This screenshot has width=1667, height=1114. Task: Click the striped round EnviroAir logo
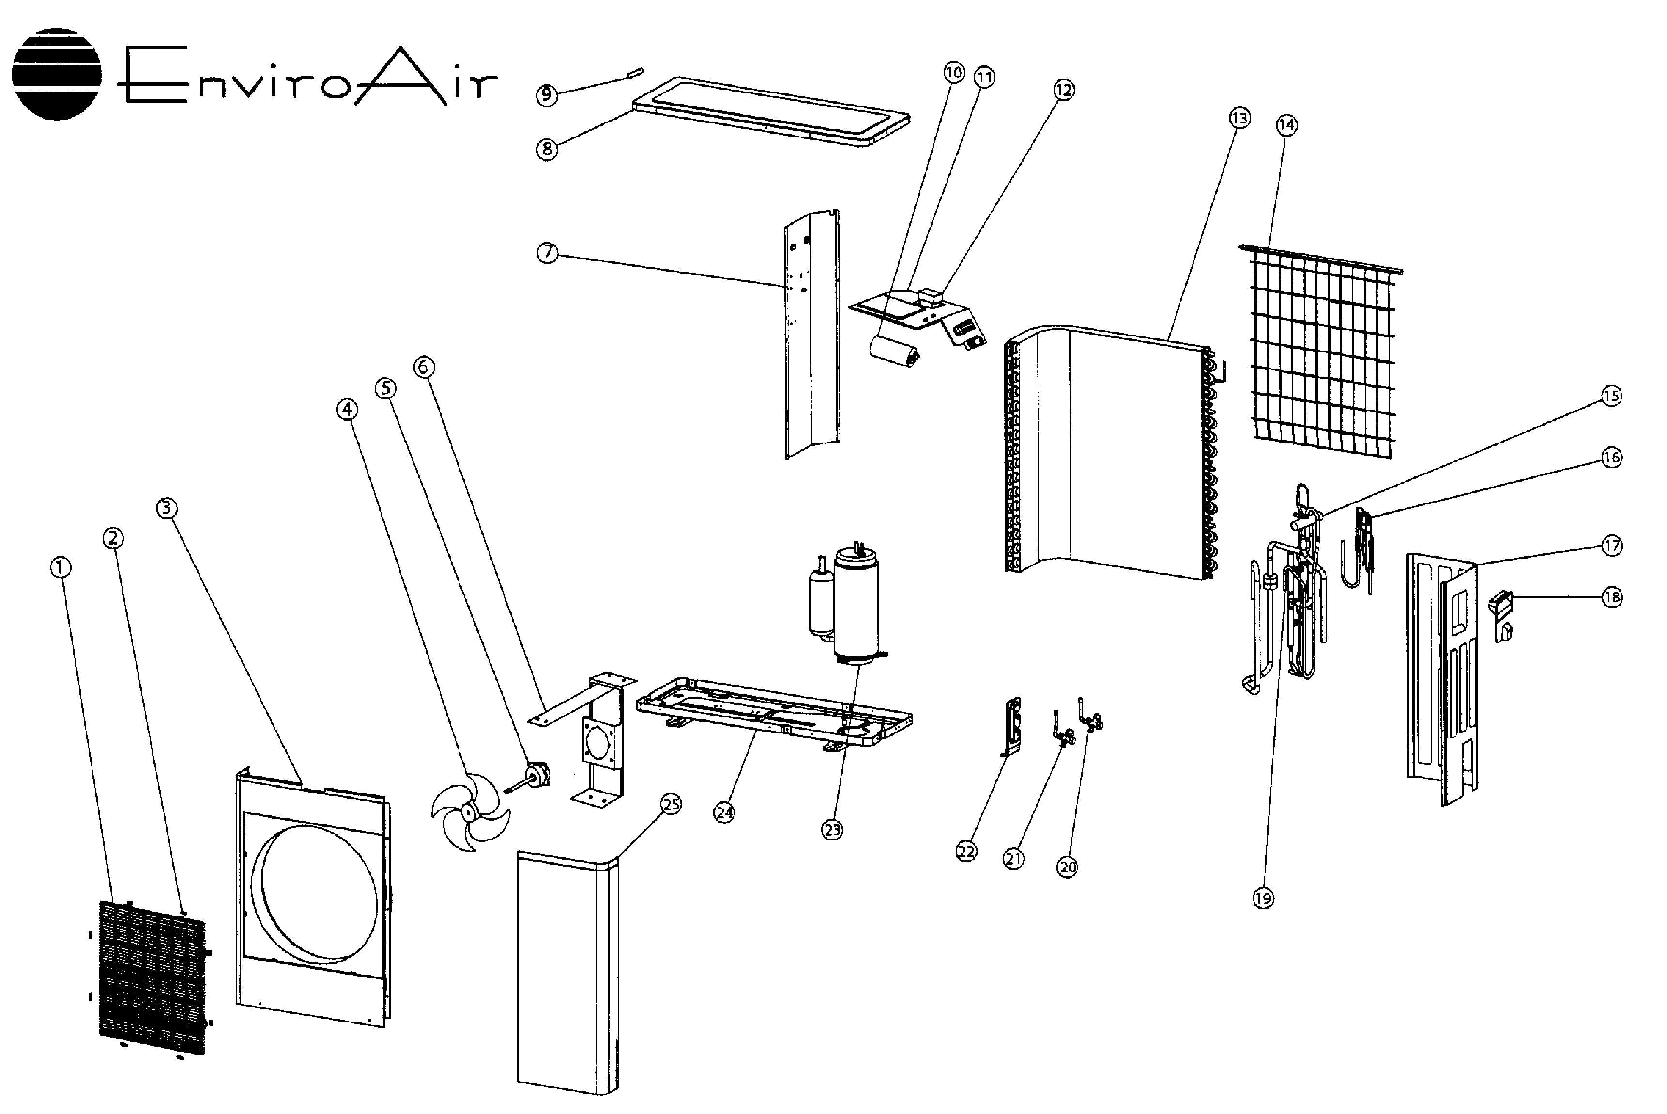[57, 74]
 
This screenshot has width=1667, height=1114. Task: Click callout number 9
[547, 94]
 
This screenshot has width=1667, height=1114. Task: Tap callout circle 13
[1239, 118]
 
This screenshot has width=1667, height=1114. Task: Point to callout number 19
[1263, 898]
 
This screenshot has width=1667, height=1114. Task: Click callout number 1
[61, 567]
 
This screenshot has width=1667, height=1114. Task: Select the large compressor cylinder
[856, 604]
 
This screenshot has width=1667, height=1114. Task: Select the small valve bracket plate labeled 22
[1012, 725]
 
